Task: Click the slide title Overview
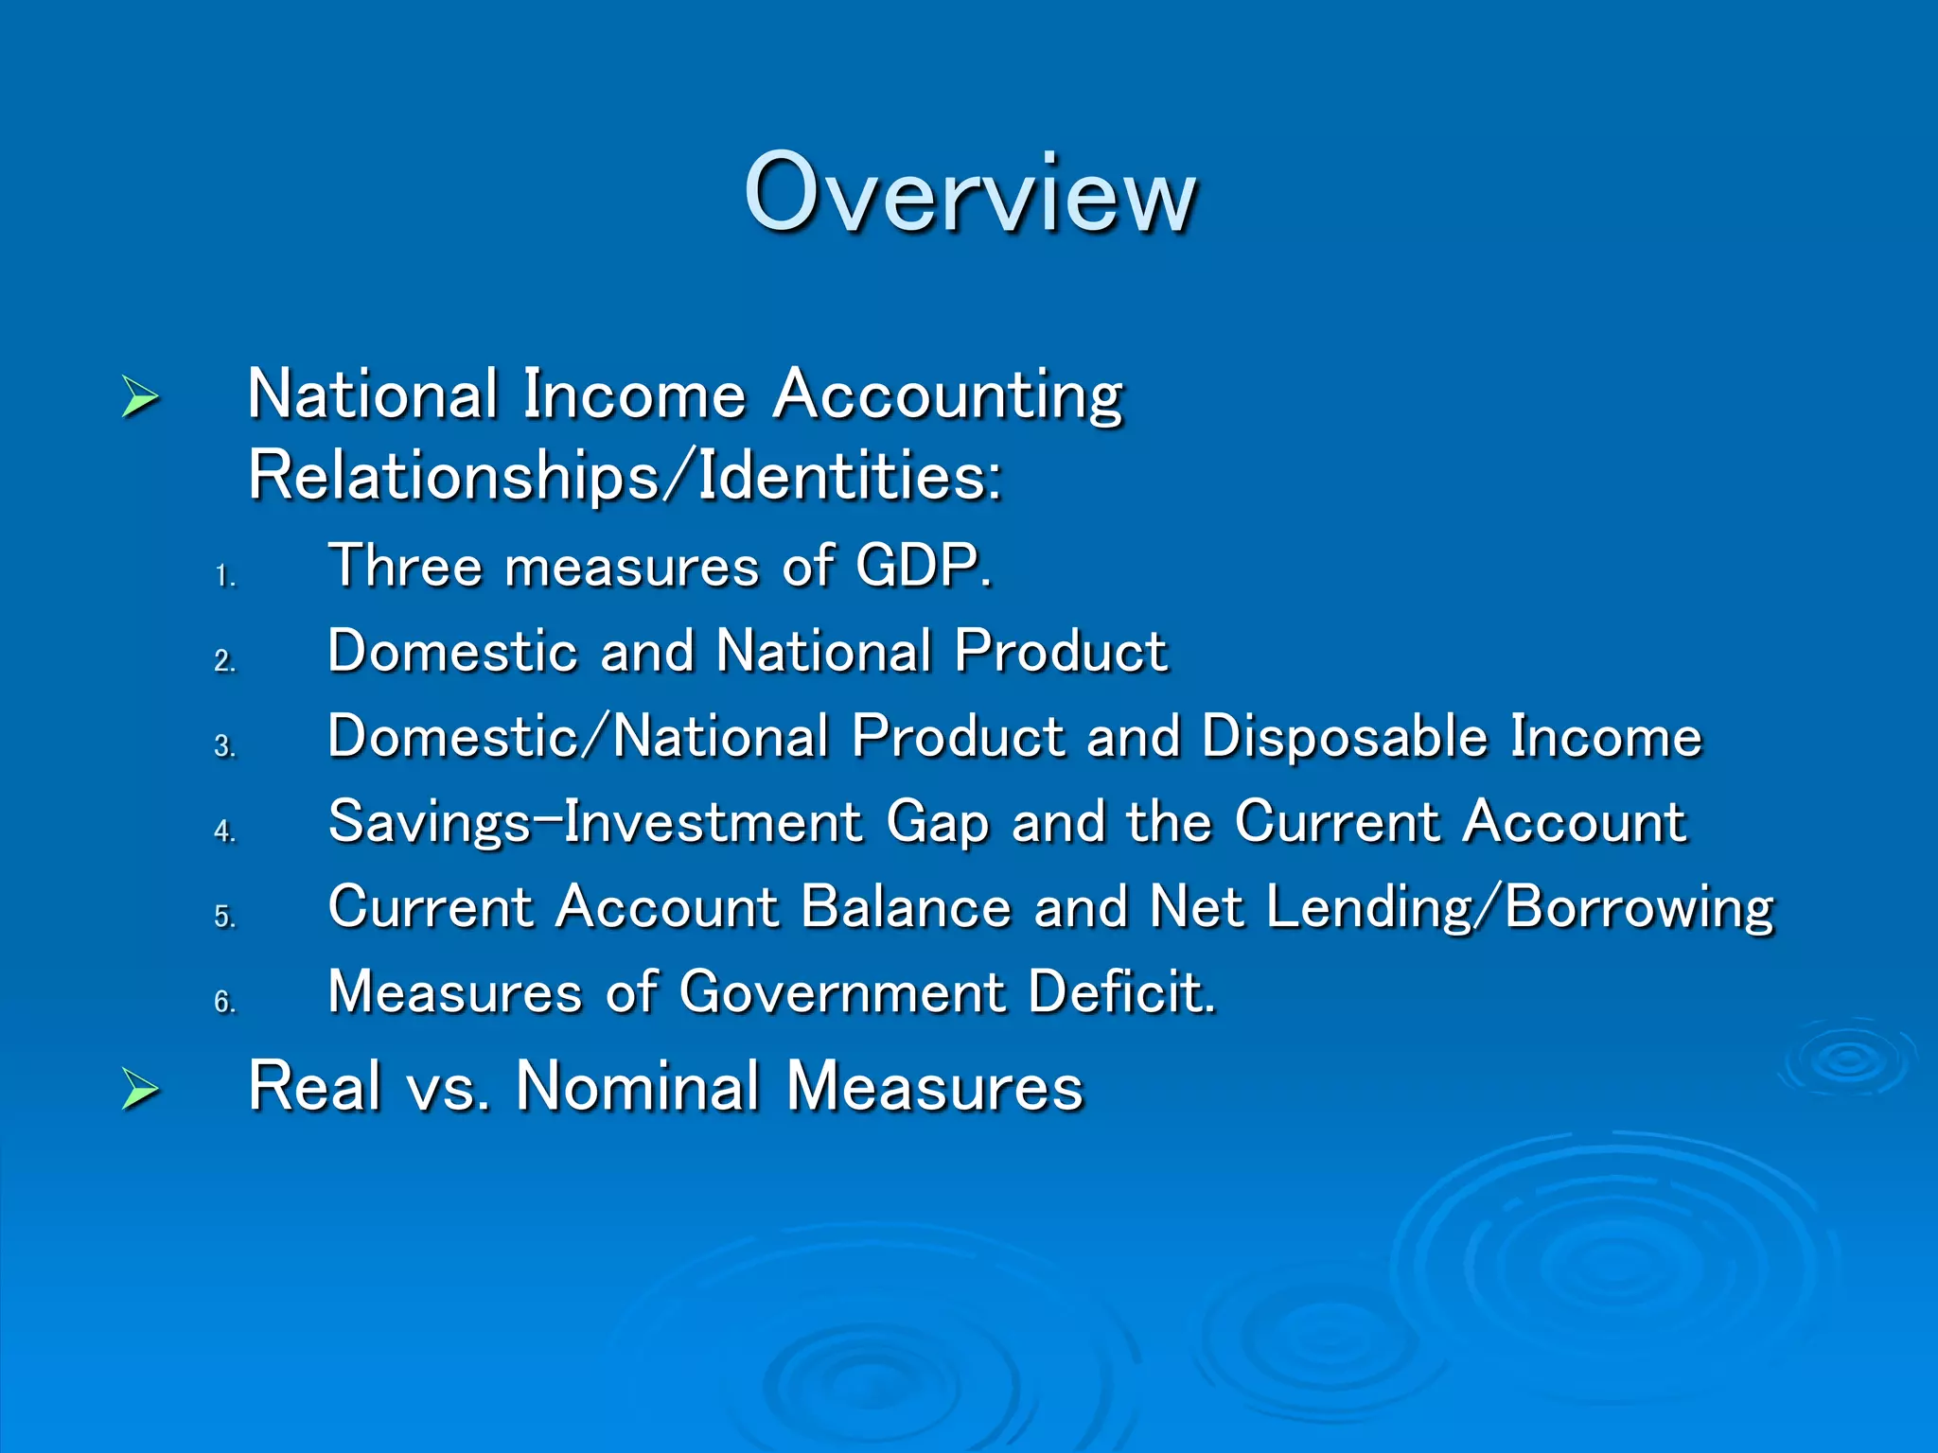click(971, 193)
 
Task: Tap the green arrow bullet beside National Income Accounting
click(140, 396)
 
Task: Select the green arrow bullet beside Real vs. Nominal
click(140, 1089)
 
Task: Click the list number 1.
click(224, 575)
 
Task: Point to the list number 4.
click(224, 831)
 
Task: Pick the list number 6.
click(224, 1001)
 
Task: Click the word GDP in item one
click(922, 567)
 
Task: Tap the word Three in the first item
click(405, 567)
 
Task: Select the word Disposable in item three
click(1344, 737)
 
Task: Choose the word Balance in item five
click(906, 907)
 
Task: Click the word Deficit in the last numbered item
click(1121, 992)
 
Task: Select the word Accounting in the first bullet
click(948, 395)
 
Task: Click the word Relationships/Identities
click(625, 476)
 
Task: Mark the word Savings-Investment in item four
click(595, 822)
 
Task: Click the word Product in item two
click(1061, 652)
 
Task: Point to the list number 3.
click(224, 745)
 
